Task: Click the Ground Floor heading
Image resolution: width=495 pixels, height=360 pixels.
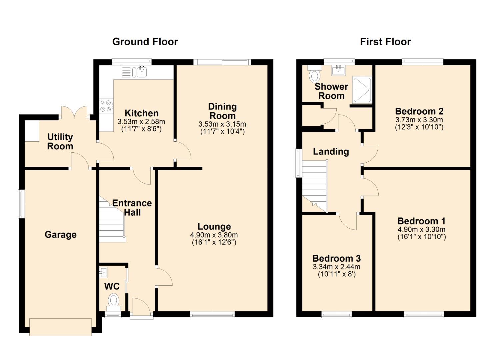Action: click(145, 42)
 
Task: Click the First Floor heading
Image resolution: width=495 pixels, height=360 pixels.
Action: click(385, 42)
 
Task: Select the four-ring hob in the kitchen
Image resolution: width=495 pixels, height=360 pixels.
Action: click(107, 106)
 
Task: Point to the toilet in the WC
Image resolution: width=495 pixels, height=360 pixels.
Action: click(114, 302)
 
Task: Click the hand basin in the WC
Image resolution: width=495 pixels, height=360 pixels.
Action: click(103, 272)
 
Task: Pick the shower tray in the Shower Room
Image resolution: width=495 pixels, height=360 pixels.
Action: click(362, 90)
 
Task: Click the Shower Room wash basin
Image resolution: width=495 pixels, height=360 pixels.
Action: click(338, 70)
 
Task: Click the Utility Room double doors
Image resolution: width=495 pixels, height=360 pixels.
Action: click(74, 113)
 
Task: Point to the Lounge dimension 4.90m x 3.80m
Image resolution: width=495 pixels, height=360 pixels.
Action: click(214, 235)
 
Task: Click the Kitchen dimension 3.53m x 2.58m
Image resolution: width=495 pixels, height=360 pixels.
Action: click(141, 122)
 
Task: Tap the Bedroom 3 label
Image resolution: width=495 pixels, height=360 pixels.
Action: click(337, 258)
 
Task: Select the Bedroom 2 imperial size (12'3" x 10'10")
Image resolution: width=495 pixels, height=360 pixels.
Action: click(419, 127)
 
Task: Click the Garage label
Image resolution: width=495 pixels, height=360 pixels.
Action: click(61, 234)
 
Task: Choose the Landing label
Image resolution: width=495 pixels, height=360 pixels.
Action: click(331, 152)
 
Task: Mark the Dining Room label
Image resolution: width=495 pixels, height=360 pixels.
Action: click(223, 111)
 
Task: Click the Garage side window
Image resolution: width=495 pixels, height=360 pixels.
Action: click(21, 204)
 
